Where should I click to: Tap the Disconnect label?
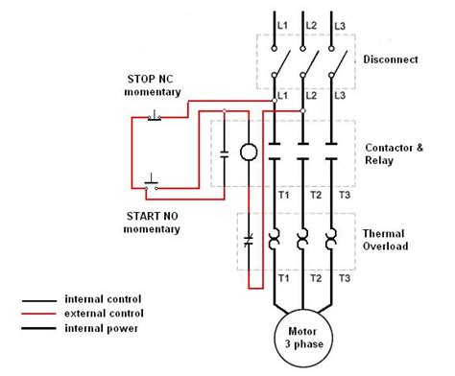tap(391, 59)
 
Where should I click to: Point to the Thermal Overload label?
tap(385, 240)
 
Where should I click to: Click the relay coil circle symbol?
tap(249, 152)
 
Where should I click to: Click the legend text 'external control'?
tap(104, 313)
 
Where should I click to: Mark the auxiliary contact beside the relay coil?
tap(224, 152)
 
